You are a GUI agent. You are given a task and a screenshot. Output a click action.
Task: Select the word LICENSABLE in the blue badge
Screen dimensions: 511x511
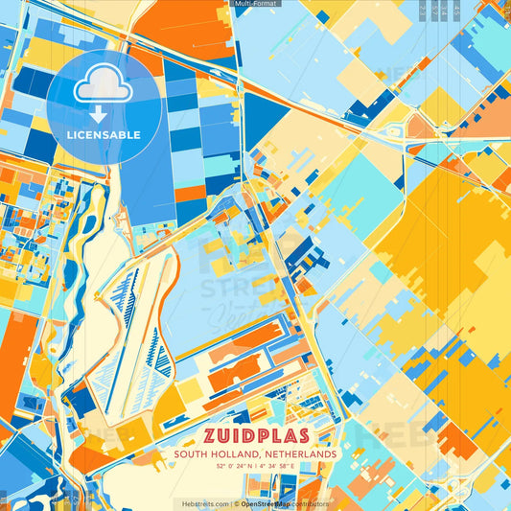(103, 133)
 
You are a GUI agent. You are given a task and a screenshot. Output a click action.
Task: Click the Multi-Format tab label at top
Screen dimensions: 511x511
(255, 5)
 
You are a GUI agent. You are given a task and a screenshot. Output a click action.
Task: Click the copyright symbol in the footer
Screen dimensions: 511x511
(235, 503)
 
